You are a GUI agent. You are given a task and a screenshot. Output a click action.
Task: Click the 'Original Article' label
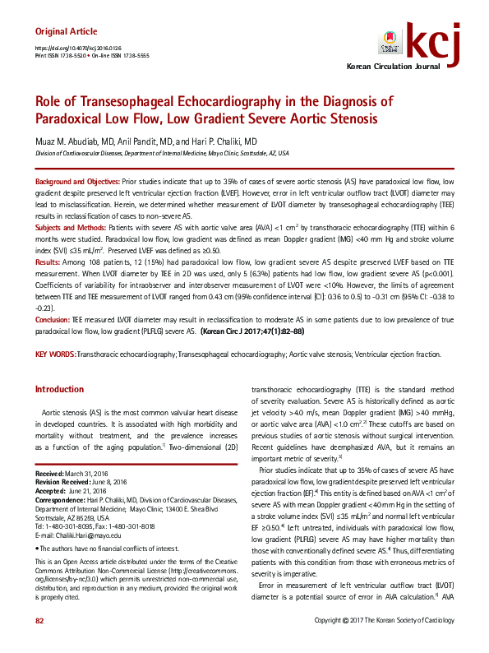coord(65,31)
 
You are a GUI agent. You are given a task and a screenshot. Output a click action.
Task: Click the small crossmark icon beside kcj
coord(393,42)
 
